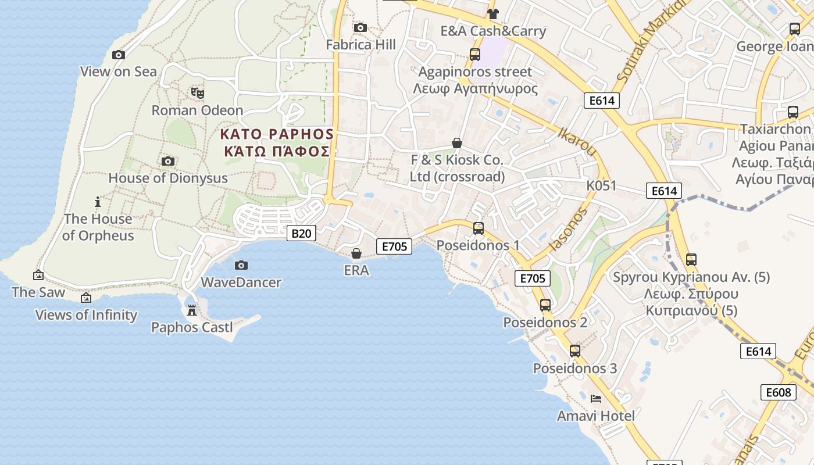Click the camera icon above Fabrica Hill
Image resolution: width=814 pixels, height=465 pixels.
point(360,27)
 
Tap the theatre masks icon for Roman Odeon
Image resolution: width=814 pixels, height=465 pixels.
point(198,92)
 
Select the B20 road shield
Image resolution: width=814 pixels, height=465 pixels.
point(301,234)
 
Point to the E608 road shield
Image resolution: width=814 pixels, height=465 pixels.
point(778,392)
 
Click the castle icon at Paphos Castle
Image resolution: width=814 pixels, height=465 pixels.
point(192,310)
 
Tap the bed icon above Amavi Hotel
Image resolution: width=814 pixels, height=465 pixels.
point(595,399)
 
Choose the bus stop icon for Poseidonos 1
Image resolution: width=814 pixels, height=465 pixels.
point(479,228)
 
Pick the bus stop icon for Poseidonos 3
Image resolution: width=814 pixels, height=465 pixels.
point(575,351)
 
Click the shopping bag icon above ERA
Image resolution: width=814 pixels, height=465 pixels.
point(356,253)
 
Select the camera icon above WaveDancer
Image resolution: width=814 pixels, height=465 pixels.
point(241,266)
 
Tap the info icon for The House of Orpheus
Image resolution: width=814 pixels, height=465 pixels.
point(98,202)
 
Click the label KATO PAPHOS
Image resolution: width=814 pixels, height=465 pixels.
point(276,134)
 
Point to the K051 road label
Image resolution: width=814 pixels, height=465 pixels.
point(601,185)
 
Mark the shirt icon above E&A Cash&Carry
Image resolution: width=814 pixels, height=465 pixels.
point(493,14)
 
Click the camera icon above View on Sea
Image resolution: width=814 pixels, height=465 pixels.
point(119,55)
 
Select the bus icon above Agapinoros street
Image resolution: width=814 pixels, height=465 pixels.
point(475,55)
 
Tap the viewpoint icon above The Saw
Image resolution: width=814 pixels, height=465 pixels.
point(38,275)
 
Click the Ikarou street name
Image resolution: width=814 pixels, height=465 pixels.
point(577,141)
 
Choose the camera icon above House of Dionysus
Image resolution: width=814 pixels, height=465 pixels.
point(168,162)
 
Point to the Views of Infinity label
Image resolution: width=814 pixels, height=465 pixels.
point(86,315)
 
